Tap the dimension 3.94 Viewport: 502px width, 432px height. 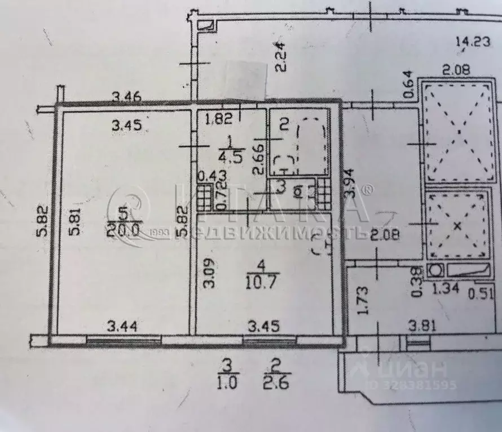pos(351,183)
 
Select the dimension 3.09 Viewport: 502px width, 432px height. pos(208,273)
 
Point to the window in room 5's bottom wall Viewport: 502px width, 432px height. pos(124,340)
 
